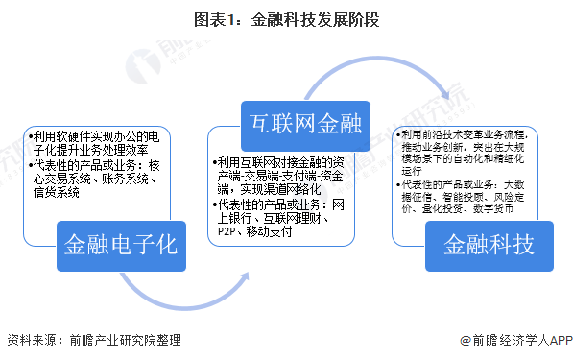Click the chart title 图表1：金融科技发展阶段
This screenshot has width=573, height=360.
[286, 19]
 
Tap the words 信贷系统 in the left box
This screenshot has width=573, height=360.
[56, 192]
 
